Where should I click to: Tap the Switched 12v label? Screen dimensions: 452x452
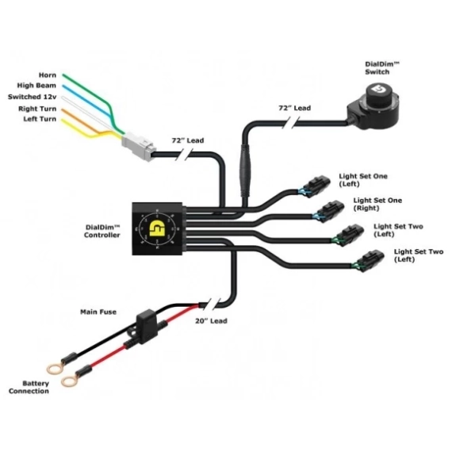pos(33,96)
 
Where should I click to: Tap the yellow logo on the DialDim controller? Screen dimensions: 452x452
pos(156,228)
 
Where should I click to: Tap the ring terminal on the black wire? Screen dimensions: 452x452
pos(56,367)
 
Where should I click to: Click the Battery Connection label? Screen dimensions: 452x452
pos(29,387)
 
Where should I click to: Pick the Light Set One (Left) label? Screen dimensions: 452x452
pos(379,180)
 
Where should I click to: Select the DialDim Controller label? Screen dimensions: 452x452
pos(103,231)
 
